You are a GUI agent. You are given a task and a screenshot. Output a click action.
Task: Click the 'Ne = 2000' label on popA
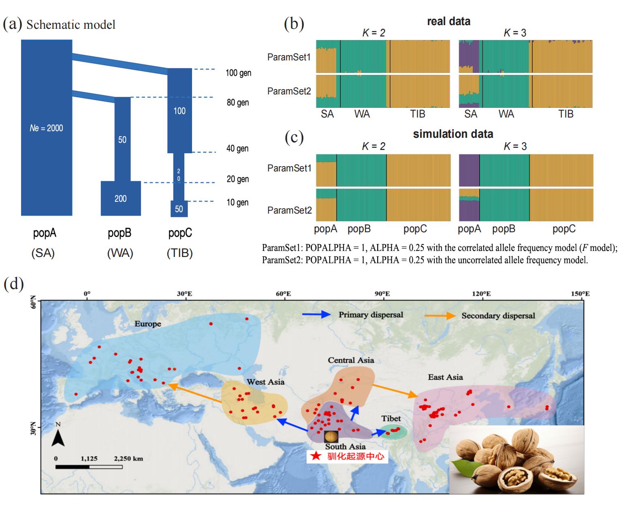tap(46, 128)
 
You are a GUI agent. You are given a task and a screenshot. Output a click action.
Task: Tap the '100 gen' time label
tap(238, 73)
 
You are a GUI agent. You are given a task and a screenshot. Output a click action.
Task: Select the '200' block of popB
tap(121, 199)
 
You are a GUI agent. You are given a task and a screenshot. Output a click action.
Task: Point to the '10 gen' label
tap(238, 202)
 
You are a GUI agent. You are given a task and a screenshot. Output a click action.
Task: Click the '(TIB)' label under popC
tap(179, 253)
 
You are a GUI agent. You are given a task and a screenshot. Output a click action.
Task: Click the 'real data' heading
tap(448, 21)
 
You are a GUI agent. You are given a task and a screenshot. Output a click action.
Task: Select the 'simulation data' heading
tap(453, 134)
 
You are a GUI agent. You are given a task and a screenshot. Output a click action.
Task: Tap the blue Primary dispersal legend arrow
tap(316, 315)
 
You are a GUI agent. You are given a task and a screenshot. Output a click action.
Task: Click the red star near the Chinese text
tap(316, 457)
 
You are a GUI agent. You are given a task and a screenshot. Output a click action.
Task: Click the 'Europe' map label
tap(148, 324)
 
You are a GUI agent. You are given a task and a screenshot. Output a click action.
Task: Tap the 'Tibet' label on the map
tap(391, 418)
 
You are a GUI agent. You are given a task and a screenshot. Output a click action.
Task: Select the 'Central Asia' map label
tap(351, 360)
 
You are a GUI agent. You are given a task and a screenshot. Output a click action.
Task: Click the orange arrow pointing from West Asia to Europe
tap(194, 393)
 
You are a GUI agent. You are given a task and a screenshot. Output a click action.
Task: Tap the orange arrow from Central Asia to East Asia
tap(395, 390)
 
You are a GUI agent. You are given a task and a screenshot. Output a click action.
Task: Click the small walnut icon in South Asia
tap(331, 436)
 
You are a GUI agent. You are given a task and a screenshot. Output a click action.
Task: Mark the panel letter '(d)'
tap(13, 284)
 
